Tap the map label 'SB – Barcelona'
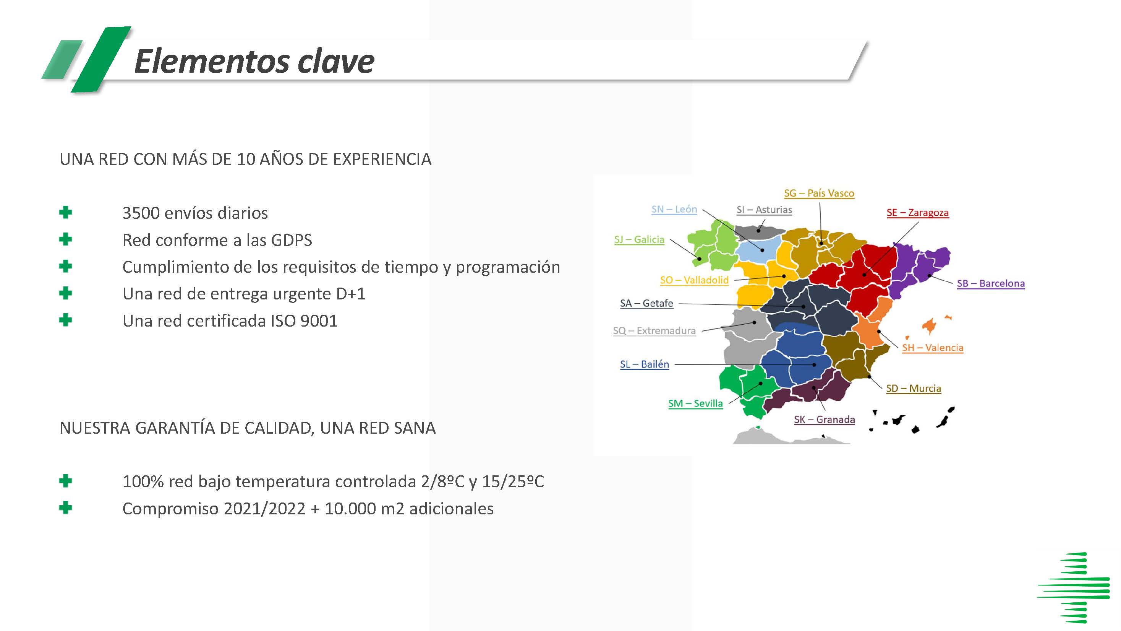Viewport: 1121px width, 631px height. (x=990, y=283)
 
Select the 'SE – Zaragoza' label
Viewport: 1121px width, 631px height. (x=917, y=213)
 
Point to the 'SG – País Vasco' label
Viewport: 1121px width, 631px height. (x=819, y=194)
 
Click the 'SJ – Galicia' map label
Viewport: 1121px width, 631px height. (x=639, y=239)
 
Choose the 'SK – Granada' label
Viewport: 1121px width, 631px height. (x=824, y=420)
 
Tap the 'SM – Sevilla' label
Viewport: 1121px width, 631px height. (x=695, y=404)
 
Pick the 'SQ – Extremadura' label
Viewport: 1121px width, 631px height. (x=654, y=331)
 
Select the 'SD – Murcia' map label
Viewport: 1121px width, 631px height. (x=914, y=389)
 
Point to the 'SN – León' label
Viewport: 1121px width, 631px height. (x=674, y=210)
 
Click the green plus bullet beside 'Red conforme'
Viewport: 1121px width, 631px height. (x=65, y=239)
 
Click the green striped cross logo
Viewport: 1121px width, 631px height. (x=1074, y=587)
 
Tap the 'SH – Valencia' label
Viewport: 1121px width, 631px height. (x=932, y=348)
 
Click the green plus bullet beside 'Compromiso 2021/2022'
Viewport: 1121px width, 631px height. (x=65, y=508)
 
